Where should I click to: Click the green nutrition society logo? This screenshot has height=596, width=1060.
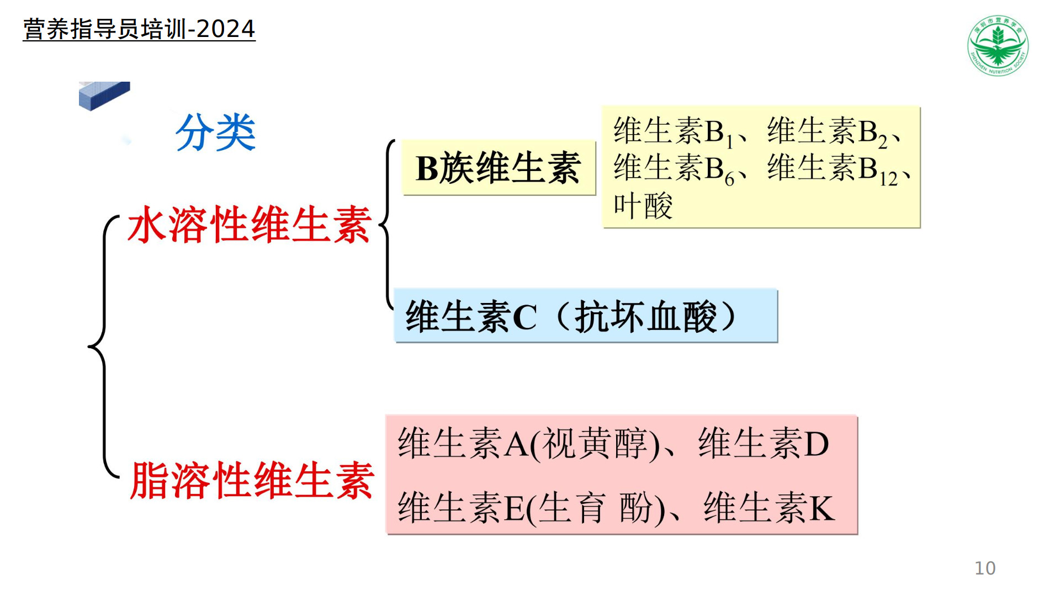tap(998, 45)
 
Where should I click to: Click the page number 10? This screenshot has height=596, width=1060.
tap(985, 568)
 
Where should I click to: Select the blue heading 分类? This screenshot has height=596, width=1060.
tap(215, 132)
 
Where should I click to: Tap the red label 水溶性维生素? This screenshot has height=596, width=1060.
tap(250, 225)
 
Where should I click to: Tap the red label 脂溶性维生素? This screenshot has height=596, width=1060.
tap(252, 481)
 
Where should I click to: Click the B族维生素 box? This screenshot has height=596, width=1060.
tap(499, 168)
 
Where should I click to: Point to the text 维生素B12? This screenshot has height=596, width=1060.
tap(833, 169)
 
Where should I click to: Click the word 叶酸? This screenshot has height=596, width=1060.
tap(643, 206)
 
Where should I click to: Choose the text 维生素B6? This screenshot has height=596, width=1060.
tap(674, 169)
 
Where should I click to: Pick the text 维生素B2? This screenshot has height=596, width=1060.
tap(828, 132)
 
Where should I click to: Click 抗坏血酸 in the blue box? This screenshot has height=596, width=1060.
tap(645, 317)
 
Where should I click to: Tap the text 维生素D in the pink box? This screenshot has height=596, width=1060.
tap(764, 443)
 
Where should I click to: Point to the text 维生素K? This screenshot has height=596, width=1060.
tap(769, 508)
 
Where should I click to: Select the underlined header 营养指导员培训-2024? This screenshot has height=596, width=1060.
tap(139, 29)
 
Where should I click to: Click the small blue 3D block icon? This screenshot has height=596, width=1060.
tap(104, 96)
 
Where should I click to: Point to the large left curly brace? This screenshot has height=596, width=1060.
tap(104, 347)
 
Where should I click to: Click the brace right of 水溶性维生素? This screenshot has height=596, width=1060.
tap(388, 224)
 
